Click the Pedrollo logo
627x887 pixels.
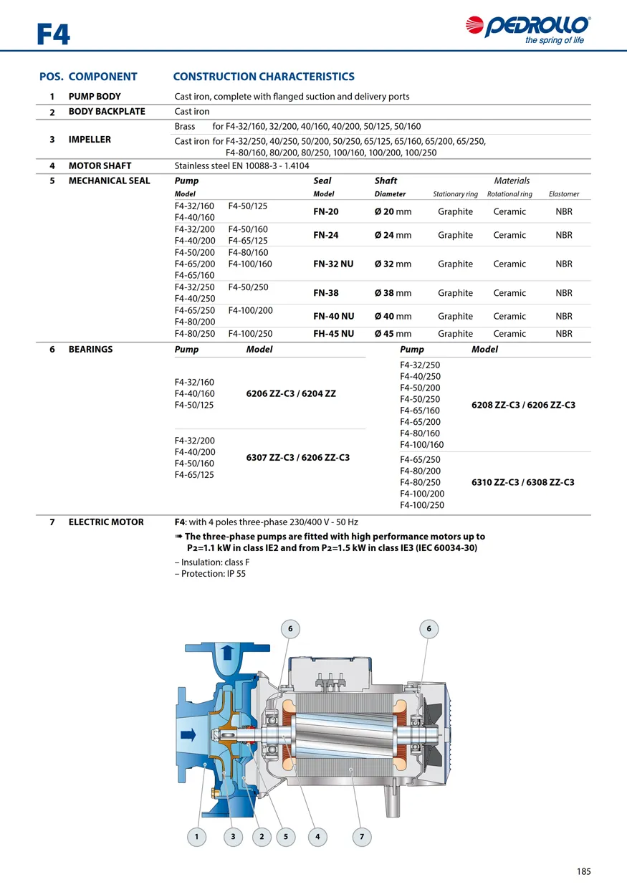tap(528, 28)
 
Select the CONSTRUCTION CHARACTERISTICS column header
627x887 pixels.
tap(264, 77)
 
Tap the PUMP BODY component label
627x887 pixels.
tap(95, 97)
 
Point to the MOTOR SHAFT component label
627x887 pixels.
tap(100, 166)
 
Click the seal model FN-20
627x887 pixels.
tap(326, 211)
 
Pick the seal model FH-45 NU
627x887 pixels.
tap(333, 334)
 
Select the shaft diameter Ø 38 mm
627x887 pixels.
tap(393, 293)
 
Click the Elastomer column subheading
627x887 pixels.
tap(564, 194)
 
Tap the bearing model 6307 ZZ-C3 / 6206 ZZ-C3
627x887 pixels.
tap(297, 457)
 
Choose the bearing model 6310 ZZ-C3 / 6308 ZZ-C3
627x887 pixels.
tap(523, 482)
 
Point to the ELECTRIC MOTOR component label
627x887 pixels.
tap(106, 522)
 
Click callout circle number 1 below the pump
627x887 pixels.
tap(196, 836)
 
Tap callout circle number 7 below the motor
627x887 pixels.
tap(362, 836)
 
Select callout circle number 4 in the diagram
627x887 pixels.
tap(317, 836)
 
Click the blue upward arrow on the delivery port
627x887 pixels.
tap(227, 652)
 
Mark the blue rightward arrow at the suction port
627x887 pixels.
tap(189, 734)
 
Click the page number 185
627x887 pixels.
tap(583, 871)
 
